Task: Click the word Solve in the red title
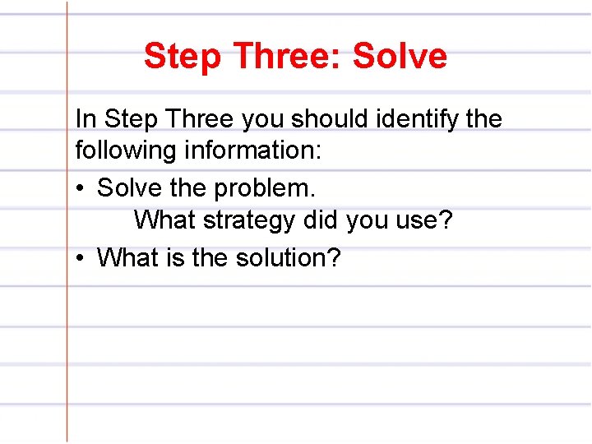400,56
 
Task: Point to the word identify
419,119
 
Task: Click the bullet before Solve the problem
80,188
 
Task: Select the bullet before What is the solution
80,258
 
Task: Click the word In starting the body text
85,119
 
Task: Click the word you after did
367,220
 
